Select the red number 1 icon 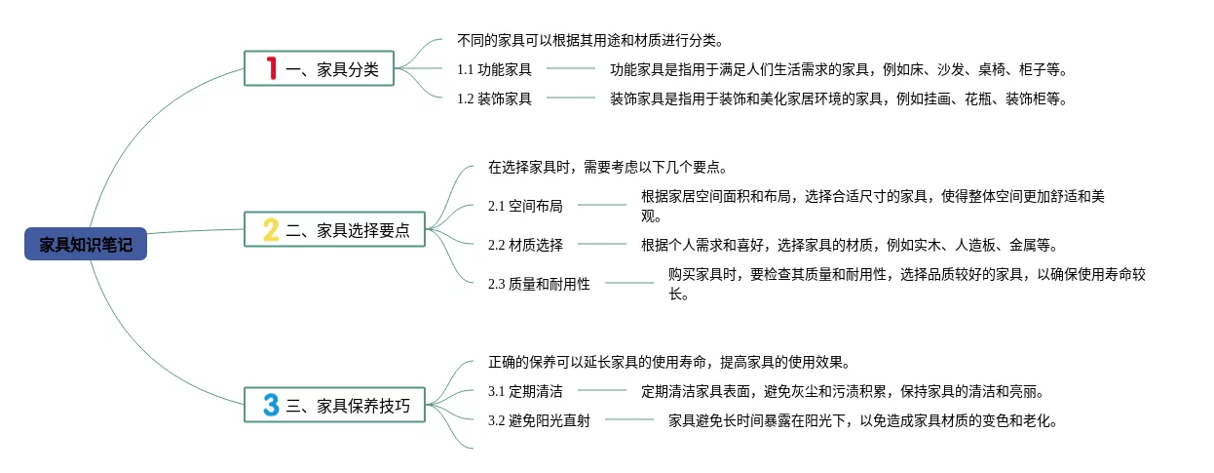[x=272, y=68]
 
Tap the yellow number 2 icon [x=272, y=230]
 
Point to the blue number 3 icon [x=271, y=405]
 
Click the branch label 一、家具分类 [x=332, y=69]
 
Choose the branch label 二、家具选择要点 [x=348, y=231]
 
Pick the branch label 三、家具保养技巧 [x=348, y=406]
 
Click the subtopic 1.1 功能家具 [x=494, y=69]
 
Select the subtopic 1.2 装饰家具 [x=494, y=99]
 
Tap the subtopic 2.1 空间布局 [x=525, y=206]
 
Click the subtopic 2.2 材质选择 [x=525, y=245]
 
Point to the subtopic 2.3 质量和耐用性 [x=539, y=284]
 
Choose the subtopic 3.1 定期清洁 [x=525, y=392]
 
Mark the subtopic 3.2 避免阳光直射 [x=539, y=421]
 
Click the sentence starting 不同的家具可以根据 [x=590, y=40]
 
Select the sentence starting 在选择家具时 [x=607, y=167]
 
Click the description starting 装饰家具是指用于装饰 [x=838, y=99]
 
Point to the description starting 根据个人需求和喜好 [x=849, y=245]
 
